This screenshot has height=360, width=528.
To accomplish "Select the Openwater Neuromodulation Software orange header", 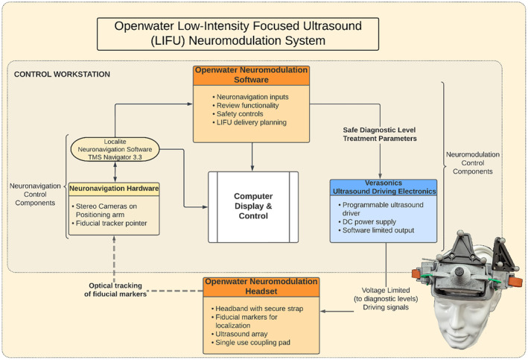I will point(251,76).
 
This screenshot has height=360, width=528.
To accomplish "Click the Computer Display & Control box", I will point(254,206).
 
